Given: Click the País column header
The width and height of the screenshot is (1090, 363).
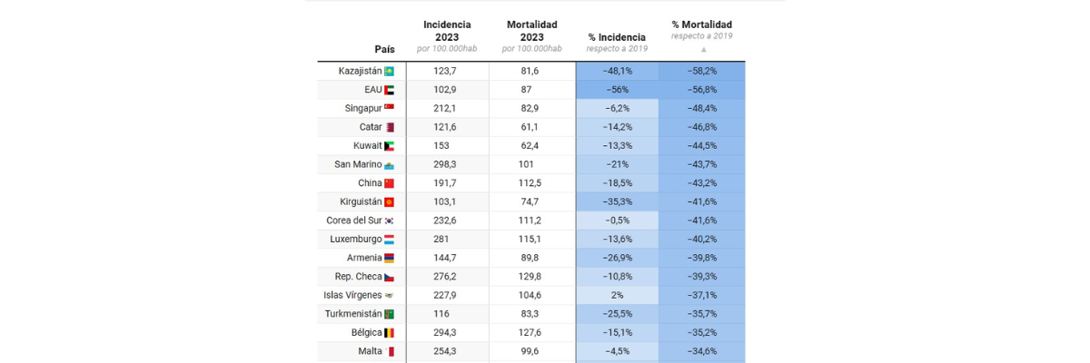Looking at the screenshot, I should [384, 48].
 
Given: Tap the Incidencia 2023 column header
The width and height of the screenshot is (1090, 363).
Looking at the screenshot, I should [447, 36].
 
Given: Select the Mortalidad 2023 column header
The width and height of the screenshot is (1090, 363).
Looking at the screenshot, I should [531, 36].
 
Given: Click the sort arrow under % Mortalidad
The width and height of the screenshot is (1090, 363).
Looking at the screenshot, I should [702, 50].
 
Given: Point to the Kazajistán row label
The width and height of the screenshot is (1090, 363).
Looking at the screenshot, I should [359, 71].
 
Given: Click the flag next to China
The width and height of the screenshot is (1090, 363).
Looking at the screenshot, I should [389, 183].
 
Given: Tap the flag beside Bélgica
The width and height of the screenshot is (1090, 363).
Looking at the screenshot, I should [389, 333].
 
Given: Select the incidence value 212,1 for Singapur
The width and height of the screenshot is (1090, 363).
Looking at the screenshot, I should [447, 108].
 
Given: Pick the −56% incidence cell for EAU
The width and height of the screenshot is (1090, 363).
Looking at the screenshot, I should [617, 89].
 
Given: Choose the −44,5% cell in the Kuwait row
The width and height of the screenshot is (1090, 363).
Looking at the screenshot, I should [702, 145].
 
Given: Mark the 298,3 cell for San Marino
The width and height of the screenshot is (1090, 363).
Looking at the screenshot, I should [447, 164].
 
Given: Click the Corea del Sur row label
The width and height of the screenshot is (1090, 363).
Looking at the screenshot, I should [352, 221].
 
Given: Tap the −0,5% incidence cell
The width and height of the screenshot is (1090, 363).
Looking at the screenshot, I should [617, 221].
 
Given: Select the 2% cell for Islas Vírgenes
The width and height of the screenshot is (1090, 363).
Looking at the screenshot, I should [617, 295].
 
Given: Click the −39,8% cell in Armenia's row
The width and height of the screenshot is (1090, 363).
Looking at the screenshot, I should [702, 258].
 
